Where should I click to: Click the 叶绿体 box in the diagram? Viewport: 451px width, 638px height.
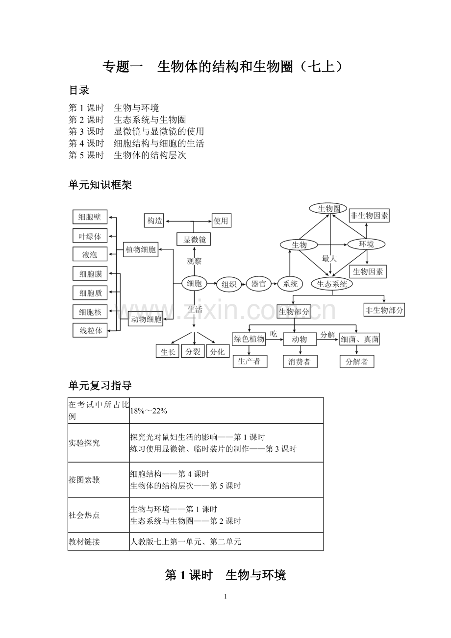pos(90,237)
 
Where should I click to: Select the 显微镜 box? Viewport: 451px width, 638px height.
pos(194,239)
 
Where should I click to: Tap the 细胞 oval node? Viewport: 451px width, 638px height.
pos(194,283)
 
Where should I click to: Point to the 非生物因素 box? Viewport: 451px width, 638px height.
pos(369,216)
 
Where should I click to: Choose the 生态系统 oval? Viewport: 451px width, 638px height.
pos(332,284)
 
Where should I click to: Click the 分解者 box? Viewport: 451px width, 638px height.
pos(356,362)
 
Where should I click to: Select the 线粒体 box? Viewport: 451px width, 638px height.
pos(91,330)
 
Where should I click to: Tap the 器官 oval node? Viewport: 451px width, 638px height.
pos(258,283)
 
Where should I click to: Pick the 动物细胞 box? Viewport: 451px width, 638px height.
pos(146,320)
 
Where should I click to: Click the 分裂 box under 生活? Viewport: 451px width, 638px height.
pos(193,351)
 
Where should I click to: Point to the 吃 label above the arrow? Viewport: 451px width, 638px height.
pos(274,334)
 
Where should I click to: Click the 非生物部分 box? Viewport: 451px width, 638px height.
pos(384,310)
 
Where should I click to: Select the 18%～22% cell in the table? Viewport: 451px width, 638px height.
pos(149,411)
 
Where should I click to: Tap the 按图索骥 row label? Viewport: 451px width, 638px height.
pos(84,480)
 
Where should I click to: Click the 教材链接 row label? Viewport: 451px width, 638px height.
pos(84,542)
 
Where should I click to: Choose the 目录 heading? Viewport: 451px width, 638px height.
pos(78,91)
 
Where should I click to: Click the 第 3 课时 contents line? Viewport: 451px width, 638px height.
pos(136,131)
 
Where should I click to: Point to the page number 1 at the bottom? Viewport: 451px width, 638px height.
pos(225,596)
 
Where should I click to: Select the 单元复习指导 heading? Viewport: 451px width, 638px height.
pos(100,386)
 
